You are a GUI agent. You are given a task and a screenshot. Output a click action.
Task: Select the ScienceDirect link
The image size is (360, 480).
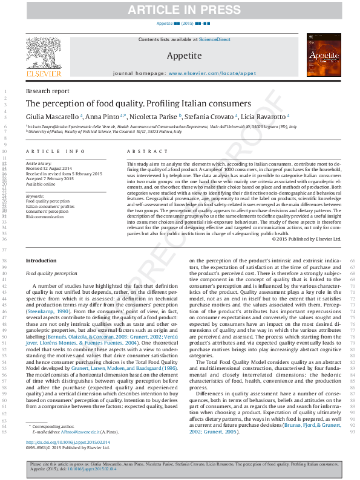point(215,39)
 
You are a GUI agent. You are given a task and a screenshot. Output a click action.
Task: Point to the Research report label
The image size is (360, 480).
point(47,91)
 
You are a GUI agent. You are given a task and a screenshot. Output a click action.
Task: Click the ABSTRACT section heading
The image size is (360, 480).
point(146,151)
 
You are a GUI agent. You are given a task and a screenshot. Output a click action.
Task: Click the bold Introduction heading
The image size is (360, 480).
point(41,261)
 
